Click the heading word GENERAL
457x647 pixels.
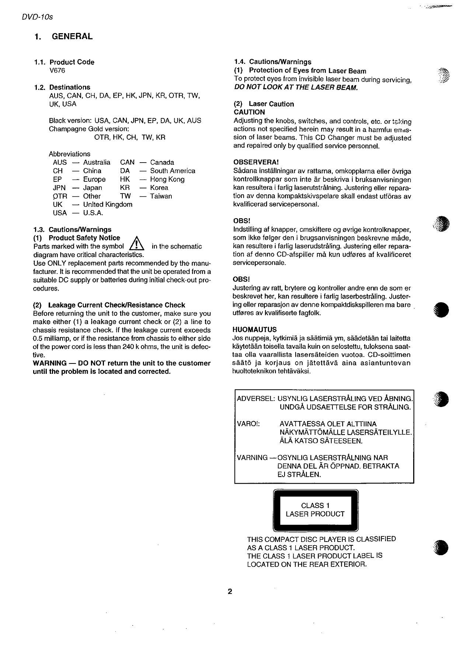[72, 36]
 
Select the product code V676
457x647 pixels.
[57, 70]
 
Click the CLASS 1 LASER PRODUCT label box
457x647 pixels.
[315, 510]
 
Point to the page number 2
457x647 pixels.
[230, 592]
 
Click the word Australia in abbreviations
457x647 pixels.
[97, 162]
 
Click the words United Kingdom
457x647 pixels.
[108, 204]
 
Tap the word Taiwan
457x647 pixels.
[161, 196]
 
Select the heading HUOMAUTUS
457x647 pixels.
[255, 330]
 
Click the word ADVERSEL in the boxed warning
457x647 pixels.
[256, 399]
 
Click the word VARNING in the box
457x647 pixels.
[252, 458]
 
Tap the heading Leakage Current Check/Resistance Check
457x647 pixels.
[116, 305]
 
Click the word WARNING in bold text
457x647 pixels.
[50, 363]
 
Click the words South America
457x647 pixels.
[172, 171]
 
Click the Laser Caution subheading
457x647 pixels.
[271, 104]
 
